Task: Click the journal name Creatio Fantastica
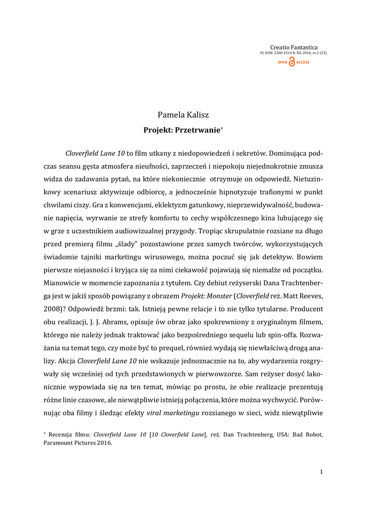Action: pyautogui.click(x=294, y=48)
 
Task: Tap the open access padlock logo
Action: pyautogui.click(x=292, y=62)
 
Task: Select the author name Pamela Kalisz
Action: pyautogui.click(x=183, y=116)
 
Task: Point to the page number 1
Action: pyautogui.click(x=321, y=472)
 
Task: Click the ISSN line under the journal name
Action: pyautogui.click(x=293, y=53)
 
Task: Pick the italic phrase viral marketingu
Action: pyautogui.click(x=173, y=413)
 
